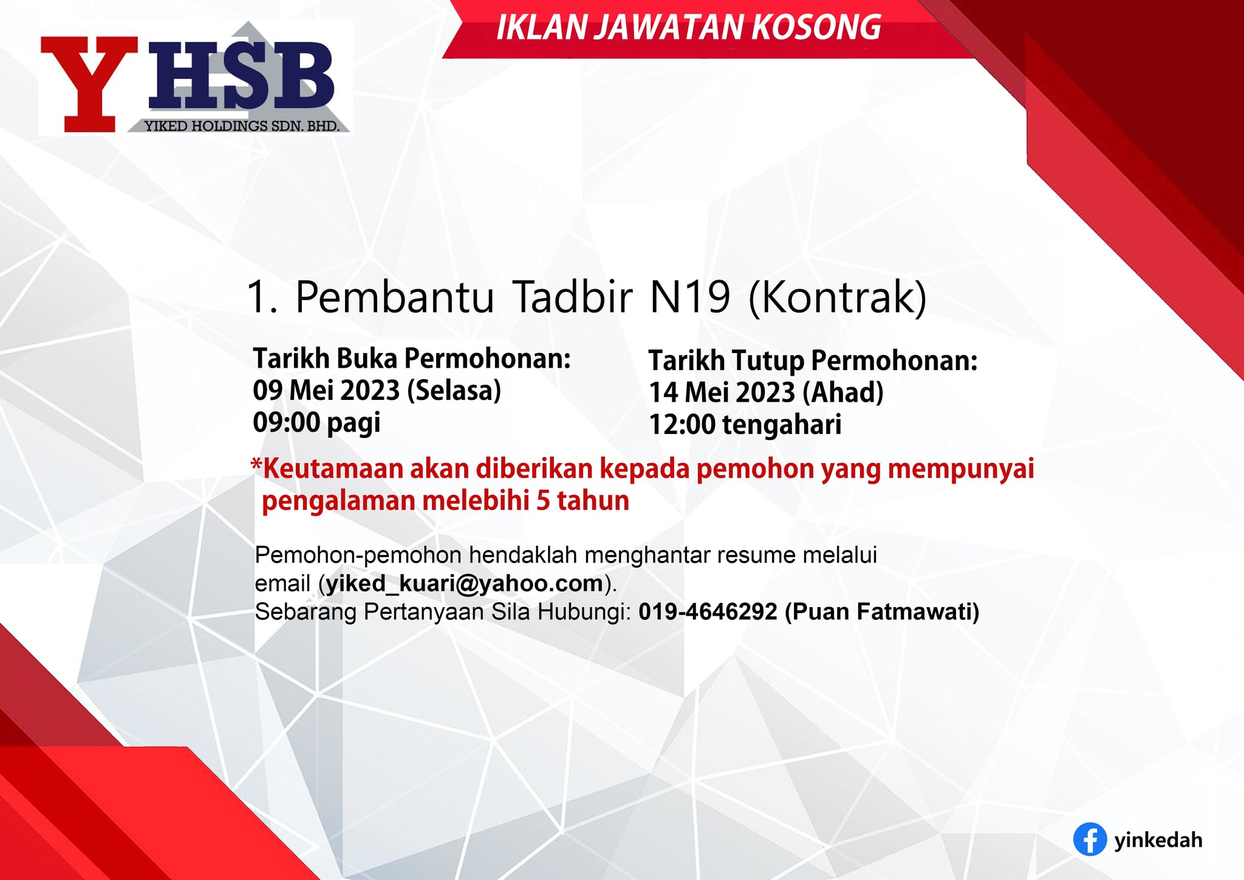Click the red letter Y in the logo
[x=90, y=84]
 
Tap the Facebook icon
[x=1090, y=839]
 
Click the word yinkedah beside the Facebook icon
[x=1158, y=840]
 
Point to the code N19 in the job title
[x=690, y=297]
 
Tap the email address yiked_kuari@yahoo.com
[x=465, y=583]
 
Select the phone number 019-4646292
[x=708, y=611]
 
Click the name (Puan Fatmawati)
[x=883, y=612]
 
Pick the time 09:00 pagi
[x=316, y=422]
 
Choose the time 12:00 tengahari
[x=745, y=425]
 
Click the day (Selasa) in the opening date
[x=454, y=390]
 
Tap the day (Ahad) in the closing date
[x=843, y=393]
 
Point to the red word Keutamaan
[x=333, y=469]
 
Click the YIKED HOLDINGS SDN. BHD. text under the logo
[x=241, y=126]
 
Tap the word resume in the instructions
[x=756, y=555]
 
